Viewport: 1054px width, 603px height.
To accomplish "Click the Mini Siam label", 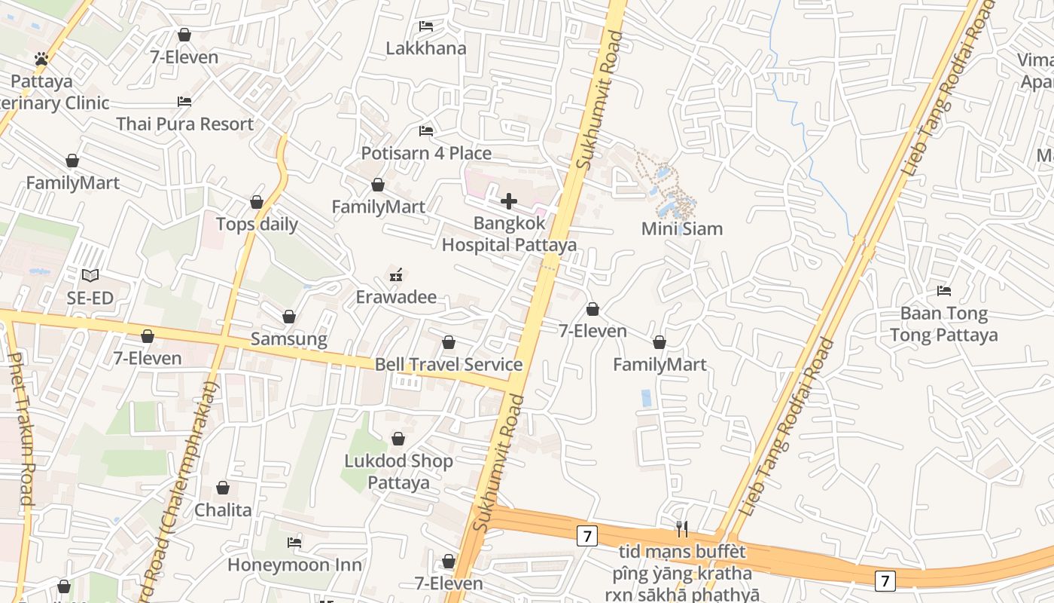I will [681, 228].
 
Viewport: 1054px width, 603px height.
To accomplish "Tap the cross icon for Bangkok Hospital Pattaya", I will [509, 201].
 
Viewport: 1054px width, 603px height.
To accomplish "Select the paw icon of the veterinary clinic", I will [41, 59].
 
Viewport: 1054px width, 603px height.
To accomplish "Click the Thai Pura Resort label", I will [184, 124].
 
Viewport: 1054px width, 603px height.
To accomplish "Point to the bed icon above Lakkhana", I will [426, 26].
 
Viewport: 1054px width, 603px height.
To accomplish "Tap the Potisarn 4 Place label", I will [426, 154].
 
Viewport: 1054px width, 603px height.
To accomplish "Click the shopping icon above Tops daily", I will [257, 203].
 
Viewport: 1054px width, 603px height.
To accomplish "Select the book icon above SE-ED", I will [90, 276].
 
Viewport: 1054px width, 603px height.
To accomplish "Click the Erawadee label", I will [396, 297].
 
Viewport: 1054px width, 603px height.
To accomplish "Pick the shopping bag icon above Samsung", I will [288, 317].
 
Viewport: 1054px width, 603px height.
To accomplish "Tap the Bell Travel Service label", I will [449, 365].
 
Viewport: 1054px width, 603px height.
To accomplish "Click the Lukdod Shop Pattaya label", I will [398, 472].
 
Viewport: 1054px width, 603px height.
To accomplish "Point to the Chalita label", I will [223, 510].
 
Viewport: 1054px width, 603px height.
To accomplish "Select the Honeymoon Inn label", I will [294, 565].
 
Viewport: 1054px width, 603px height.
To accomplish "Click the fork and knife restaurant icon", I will [682, 528].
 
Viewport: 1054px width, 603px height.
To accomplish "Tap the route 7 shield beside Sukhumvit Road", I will [587, 536].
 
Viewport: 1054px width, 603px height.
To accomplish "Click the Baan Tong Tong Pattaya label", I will [943, 324].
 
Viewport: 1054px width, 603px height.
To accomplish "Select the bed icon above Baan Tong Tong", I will [944, 291].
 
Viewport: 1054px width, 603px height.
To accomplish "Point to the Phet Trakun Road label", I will [20, 430].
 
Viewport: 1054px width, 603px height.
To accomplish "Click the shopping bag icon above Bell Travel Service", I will [449, 343].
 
